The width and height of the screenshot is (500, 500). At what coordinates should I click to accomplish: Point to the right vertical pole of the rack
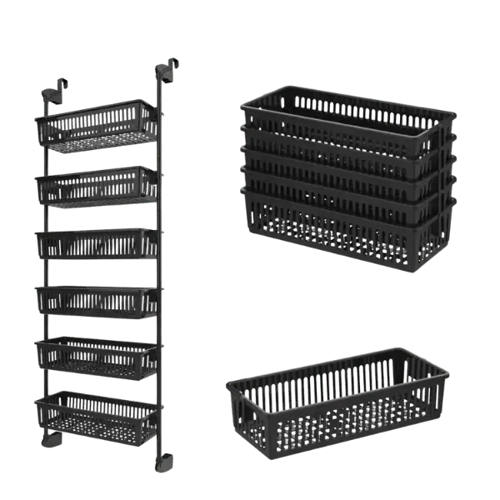point(162,267)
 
